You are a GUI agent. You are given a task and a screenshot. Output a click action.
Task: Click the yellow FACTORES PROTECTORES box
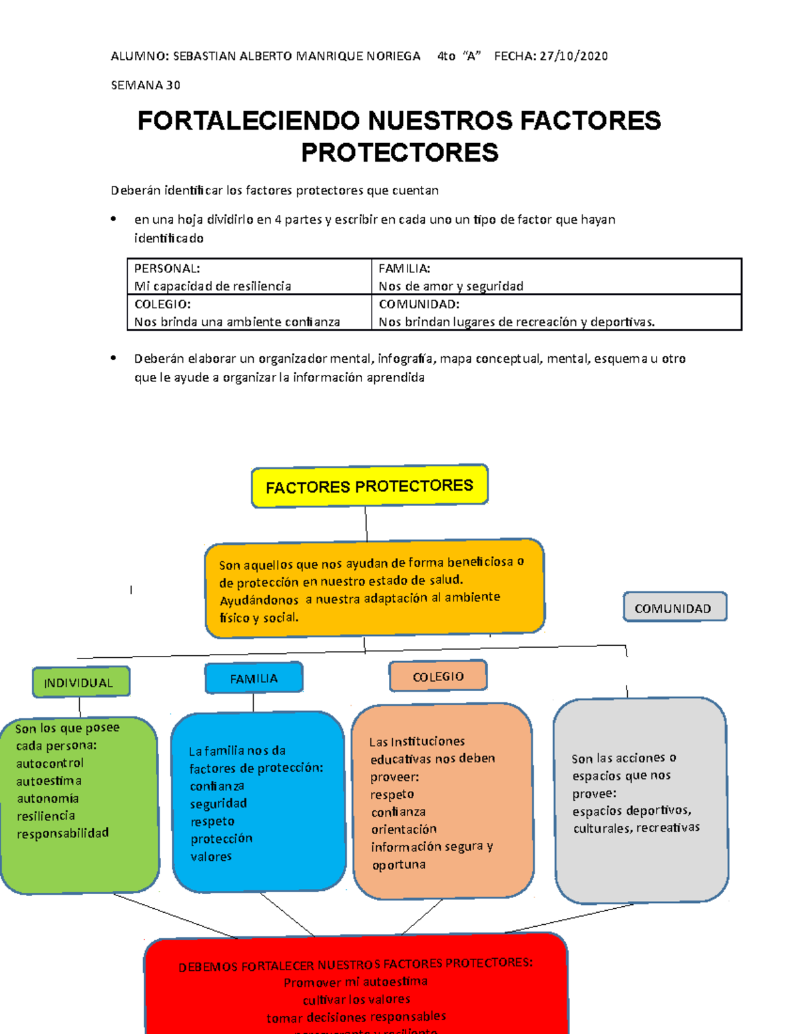370,486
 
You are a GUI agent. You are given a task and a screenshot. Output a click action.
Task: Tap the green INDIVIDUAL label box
81,682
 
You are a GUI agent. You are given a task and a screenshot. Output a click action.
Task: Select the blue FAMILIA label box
254,678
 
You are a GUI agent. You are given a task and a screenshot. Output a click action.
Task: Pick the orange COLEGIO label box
438,676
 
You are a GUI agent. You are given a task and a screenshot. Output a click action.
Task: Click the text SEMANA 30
145,85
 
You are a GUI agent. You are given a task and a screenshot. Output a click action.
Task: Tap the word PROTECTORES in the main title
400,152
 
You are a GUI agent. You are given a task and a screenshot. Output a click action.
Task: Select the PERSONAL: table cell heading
166,268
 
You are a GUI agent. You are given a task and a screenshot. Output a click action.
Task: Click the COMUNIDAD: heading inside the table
419,304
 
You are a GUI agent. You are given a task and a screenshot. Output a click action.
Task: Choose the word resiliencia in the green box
46,816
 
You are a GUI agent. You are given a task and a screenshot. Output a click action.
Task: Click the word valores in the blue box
211,856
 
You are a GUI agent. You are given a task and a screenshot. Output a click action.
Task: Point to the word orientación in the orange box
404,829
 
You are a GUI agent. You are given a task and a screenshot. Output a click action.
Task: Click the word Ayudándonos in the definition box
259,600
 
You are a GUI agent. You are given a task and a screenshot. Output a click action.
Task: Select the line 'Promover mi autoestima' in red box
356,982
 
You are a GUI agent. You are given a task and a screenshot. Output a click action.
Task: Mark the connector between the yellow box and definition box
366,524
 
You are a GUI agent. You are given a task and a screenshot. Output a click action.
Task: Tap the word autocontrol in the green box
50,763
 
